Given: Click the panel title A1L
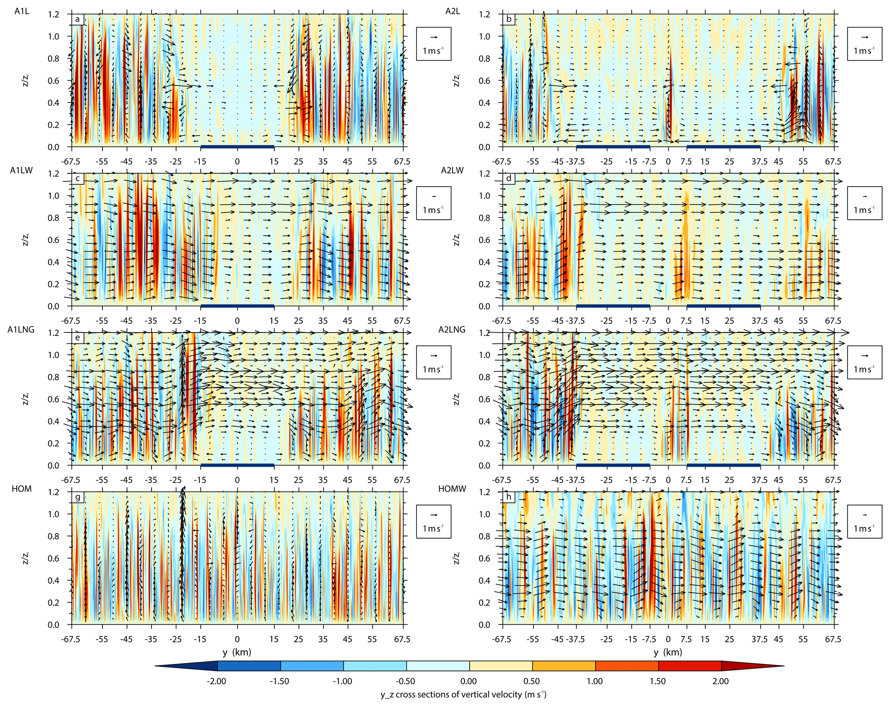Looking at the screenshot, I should click(22, 12).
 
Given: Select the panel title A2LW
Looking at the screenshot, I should click(452, 171).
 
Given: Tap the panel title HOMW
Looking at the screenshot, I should click(452, 489).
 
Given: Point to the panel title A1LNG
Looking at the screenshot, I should click(21, 330).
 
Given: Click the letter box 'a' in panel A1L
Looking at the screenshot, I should click(78, 19).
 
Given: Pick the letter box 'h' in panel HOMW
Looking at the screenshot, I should click(509, 497).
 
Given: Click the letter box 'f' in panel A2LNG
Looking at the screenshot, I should click(509, 338).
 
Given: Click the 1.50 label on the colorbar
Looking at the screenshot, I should click(657, 682).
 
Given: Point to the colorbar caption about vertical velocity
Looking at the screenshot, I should click(463, 695).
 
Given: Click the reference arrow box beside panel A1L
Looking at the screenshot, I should click(434, 44).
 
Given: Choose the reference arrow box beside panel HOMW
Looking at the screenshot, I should click(864, 522).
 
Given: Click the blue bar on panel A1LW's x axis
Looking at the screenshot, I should click(237, 306).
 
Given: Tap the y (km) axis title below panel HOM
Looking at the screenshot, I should click(237, 652).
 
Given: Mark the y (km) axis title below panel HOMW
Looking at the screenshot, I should click(668, 652).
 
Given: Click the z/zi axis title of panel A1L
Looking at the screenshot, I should click(25, 81).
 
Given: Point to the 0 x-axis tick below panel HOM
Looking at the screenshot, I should click(237, 639).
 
